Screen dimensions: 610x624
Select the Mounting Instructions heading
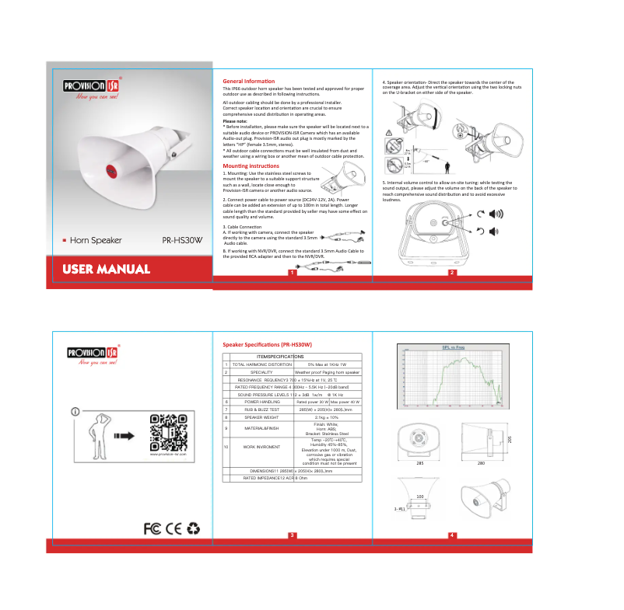point(251,166)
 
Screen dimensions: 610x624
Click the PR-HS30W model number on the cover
point(182,241)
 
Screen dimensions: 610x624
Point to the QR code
point(170,433)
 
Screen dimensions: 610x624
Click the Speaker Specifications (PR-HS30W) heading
point(267,344)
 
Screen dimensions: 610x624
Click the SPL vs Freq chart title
point(454,348)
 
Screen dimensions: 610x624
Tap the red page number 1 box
point(291,273)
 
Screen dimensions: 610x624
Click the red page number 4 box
point(451,535)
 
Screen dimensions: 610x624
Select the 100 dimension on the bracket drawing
point(419,497)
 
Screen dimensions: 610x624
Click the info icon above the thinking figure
point(75,411)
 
